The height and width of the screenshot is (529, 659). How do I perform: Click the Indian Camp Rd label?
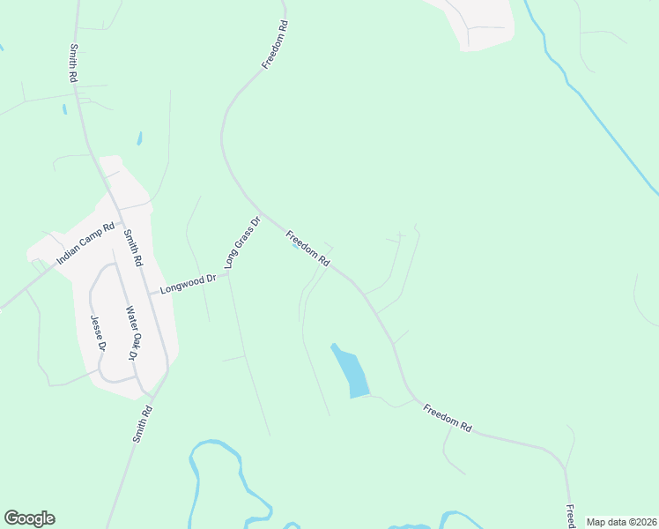(x=85, y=244)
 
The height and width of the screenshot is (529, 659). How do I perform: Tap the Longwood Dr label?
(x=188, y=284)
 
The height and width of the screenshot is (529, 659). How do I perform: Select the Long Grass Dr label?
(x=242, y=242)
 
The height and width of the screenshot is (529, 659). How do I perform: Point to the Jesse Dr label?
(x=99, y=334)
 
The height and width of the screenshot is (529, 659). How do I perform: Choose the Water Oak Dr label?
(x=131, y=332)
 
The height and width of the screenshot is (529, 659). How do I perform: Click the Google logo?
(x=29, y=518)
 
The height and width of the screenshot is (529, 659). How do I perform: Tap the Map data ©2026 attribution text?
(x=621, y=522)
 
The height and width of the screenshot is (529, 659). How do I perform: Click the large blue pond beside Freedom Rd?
(x=352, y=371)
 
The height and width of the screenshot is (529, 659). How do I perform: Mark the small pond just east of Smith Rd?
(x=139, y=138)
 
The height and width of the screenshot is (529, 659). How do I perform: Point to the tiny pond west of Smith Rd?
(x=63, y=109)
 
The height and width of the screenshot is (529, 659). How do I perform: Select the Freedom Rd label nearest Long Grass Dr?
(x=307, y=248)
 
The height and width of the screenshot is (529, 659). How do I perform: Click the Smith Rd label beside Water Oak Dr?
(x=131, y=250)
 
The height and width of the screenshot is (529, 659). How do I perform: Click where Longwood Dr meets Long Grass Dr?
(x=227, y=274)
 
